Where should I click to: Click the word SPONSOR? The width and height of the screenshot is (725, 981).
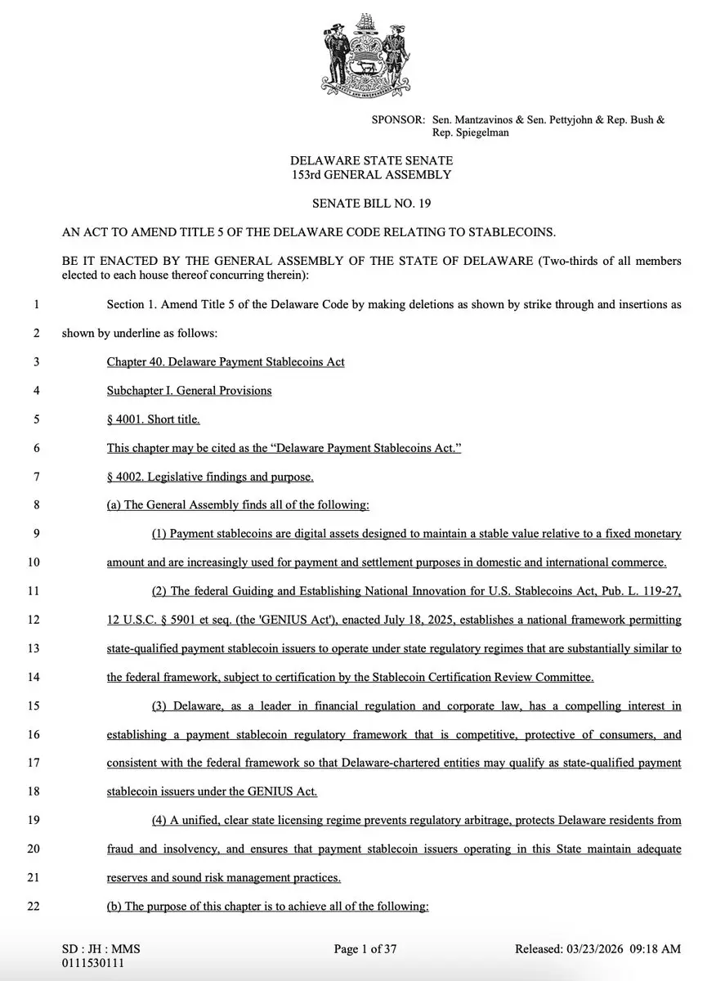pyautogui.click(x=397, y=119)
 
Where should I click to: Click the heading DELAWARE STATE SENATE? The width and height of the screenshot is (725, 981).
pyautogui.click(x=372, y=162)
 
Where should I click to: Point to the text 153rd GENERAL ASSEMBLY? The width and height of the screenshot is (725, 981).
pyautogui.click(x=372, y=175)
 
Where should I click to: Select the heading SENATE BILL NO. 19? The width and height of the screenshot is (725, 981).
pyautogui.click(x=372, y=204)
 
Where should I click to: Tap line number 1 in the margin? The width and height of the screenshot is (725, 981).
pyautogui.click(x=36, y=305)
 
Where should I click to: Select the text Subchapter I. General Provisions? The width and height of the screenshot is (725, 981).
pyautogui.click(x=189, y=391)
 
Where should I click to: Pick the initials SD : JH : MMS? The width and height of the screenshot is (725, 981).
pyautogui.click(x=101, y=949)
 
